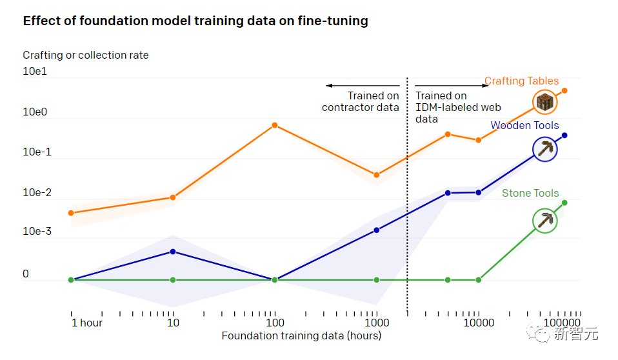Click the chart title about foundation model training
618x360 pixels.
tap(195, 21)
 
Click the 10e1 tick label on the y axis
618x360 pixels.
tap(35, 72)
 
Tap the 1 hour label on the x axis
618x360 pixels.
tap(86, 323)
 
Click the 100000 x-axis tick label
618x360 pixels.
tap(561, 323)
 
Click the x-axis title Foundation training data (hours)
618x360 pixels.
tap(301, 336)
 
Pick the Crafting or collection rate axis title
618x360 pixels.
tap(86, 55)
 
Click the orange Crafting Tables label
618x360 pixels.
tap(521, 81)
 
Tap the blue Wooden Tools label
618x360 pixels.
tap(524, 126)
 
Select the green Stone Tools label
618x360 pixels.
tap(530, 194)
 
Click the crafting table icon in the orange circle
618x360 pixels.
tap(545, 102)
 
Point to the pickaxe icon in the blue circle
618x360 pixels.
tap(545, 150)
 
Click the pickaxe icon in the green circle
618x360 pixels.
tap(545, 221)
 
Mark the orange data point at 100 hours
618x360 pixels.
tap(274, 125)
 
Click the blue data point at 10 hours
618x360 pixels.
tap(173, 252)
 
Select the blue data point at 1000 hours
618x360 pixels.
tap(377, 230)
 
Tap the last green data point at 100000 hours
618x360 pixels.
tap(564, 203)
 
